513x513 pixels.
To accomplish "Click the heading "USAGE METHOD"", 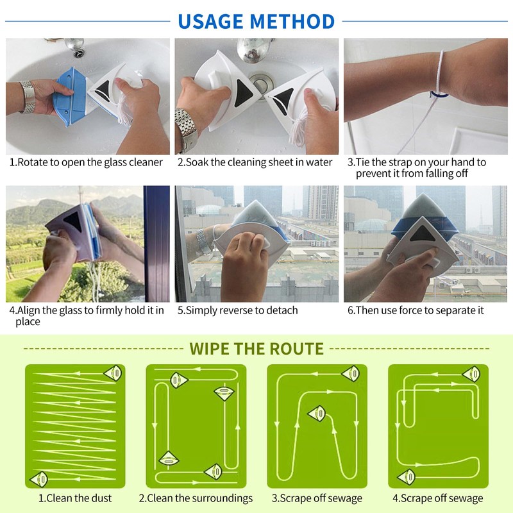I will click(x=256, y=21).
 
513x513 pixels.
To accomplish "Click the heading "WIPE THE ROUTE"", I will click(x=256, y=349).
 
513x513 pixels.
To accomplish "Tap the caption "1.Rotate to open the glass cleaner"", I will click(x=87, y=162).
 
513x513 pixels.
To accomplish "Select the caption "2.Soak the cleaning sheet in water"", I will click(x=255, y=162).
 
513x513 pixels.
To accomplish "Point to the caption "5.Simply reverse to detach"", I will click(x=238, y=310).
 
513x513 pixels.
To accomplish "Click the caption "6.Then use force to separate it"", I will click(x=416, y=310).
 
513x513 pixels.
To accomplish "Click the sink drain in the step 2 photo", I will click(x=259, y=83).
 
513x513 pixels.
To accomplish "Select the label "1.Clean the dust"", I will click(x=75, y=498).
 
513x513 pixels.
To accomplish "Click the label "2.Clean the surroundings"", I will click(x=196, y=498).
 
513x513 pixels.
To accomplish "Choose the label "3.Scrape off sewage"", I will click(x=317, y=498).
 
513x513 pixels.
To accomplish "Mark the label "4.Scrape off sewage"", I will click(x=438, y=498).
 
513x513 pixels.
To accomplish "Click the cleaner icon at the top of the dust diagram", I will click(x=114, y=372).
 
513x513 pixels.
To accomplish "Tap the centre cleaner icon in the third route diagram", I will click(x=317, y=414).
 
